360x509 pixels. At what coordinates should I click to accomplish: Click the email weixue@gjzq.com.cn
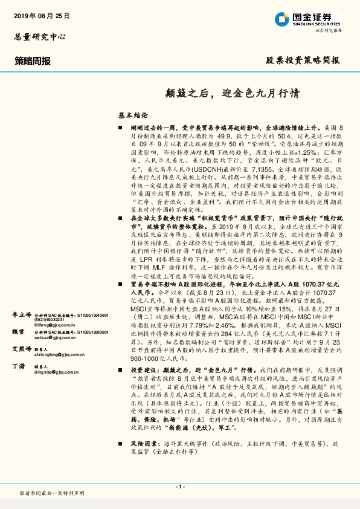pos(56,357)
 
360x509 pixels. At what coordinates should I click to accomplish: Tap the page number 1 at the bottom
pos(180,487)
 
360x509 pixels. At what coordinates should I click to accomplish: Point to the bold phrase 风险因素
pos(144,461)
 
